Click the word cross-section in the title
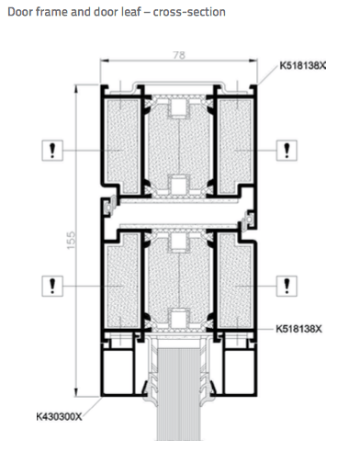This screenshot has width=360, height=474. point(189,12)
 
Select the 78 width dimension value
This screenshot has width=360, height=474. point(179,55)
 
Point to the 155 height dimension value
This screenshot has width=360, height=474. point(71,241)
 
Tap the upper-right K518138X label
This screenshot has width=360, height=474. point(302,65)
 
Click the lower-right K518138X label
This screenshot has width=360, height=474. point(298,329)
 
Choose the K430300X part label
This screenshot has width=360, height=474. point(59,417)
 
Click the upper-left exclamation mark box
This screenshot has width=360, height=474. point(52,151)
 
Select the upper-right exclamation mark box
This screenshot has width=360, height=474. point(287,151)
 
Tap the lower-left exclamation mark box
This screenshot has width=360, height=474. point(52,286)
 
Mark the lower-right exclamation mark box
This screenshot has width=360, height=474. point(287,286)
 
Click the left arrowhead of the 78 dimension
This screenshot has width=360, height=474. point(105,61)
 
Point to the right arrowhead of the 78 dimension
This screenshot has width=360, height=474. point(253,61)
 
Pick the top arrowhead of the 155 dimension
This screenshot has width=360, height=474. point(76,88)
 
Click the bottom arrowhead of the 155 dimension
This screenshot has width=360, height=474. point(76,392)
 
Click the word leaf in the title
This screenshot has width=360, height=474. point(129,12)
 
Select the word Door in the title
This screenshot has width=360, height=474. point(17,12)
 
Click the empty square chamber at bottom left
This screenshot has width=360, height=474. point(118,371)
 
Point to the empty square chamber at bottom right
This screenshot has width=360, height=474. point(240,371)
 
